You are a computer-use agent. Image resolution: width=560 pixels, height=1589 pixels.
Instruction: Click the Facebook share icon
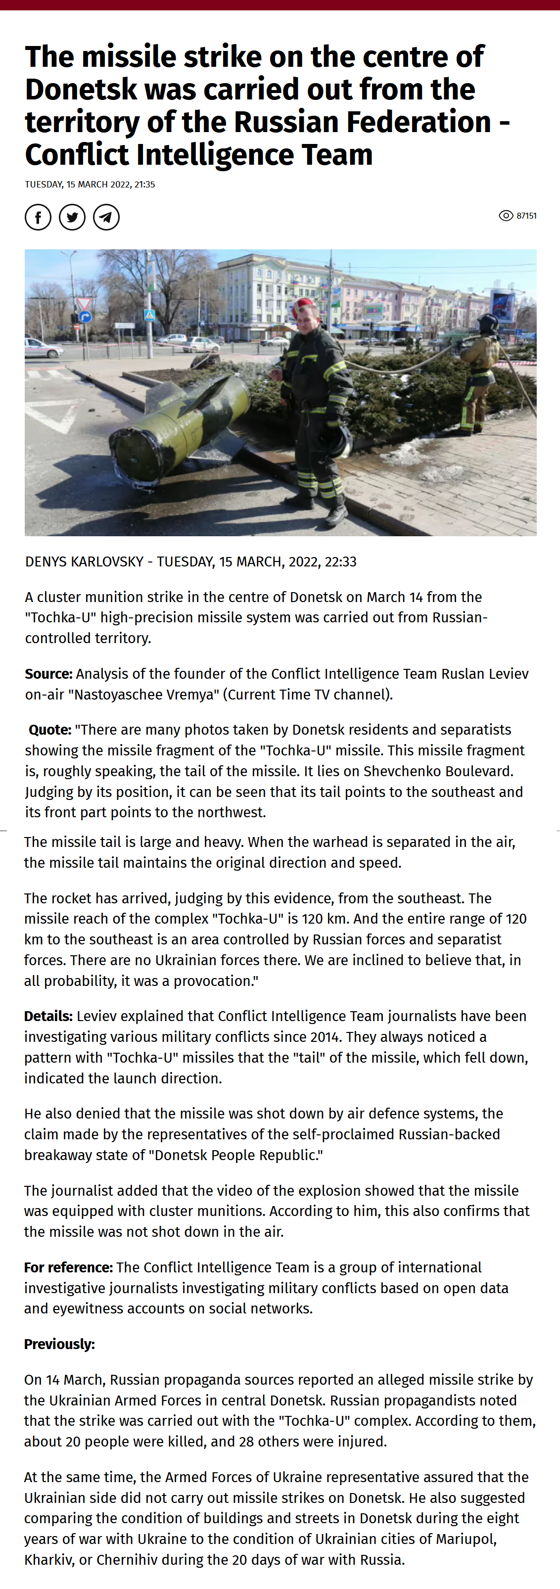click(x=38, y=217)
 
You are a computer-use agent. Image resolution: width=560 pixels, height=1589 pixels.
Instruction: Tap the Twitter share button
click(x=72, y=217)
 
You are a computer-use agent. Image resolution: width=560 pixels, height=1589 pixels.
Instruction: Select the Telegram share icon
click(x=106, y=217)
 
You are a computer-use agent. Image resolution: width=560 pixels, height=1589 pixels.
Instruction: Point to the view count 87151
click(x=526, y=216)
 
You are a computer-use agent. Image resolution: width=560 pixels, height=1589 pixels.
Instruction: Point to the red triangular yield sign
click(x=85, y=303)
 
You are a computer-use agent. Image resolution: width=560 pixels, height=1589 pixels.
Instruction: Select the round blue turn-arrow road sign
click(x=85, y=317)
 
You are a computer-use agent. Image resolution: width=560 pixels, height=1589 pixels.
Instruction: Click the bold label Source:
click(x=48, y=674)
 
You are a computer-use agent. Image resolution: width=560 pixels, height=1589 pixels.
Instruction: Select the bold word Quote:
click(x=50, y=730)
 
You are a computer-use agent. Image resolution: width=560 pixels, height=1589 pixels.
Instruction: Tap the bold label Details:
click(x=48, y=1016)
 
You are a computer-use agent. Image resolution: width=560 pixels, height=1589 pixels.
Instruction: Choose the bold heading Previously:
click(x=59, y=1344)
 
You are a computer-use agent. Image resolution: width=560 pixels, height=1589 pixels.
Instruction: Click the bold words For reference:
click(x=68, y=1267)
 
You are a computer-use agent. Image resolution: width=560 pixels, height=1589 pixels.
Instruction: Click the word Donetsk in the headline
click(x=81, y=90)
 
